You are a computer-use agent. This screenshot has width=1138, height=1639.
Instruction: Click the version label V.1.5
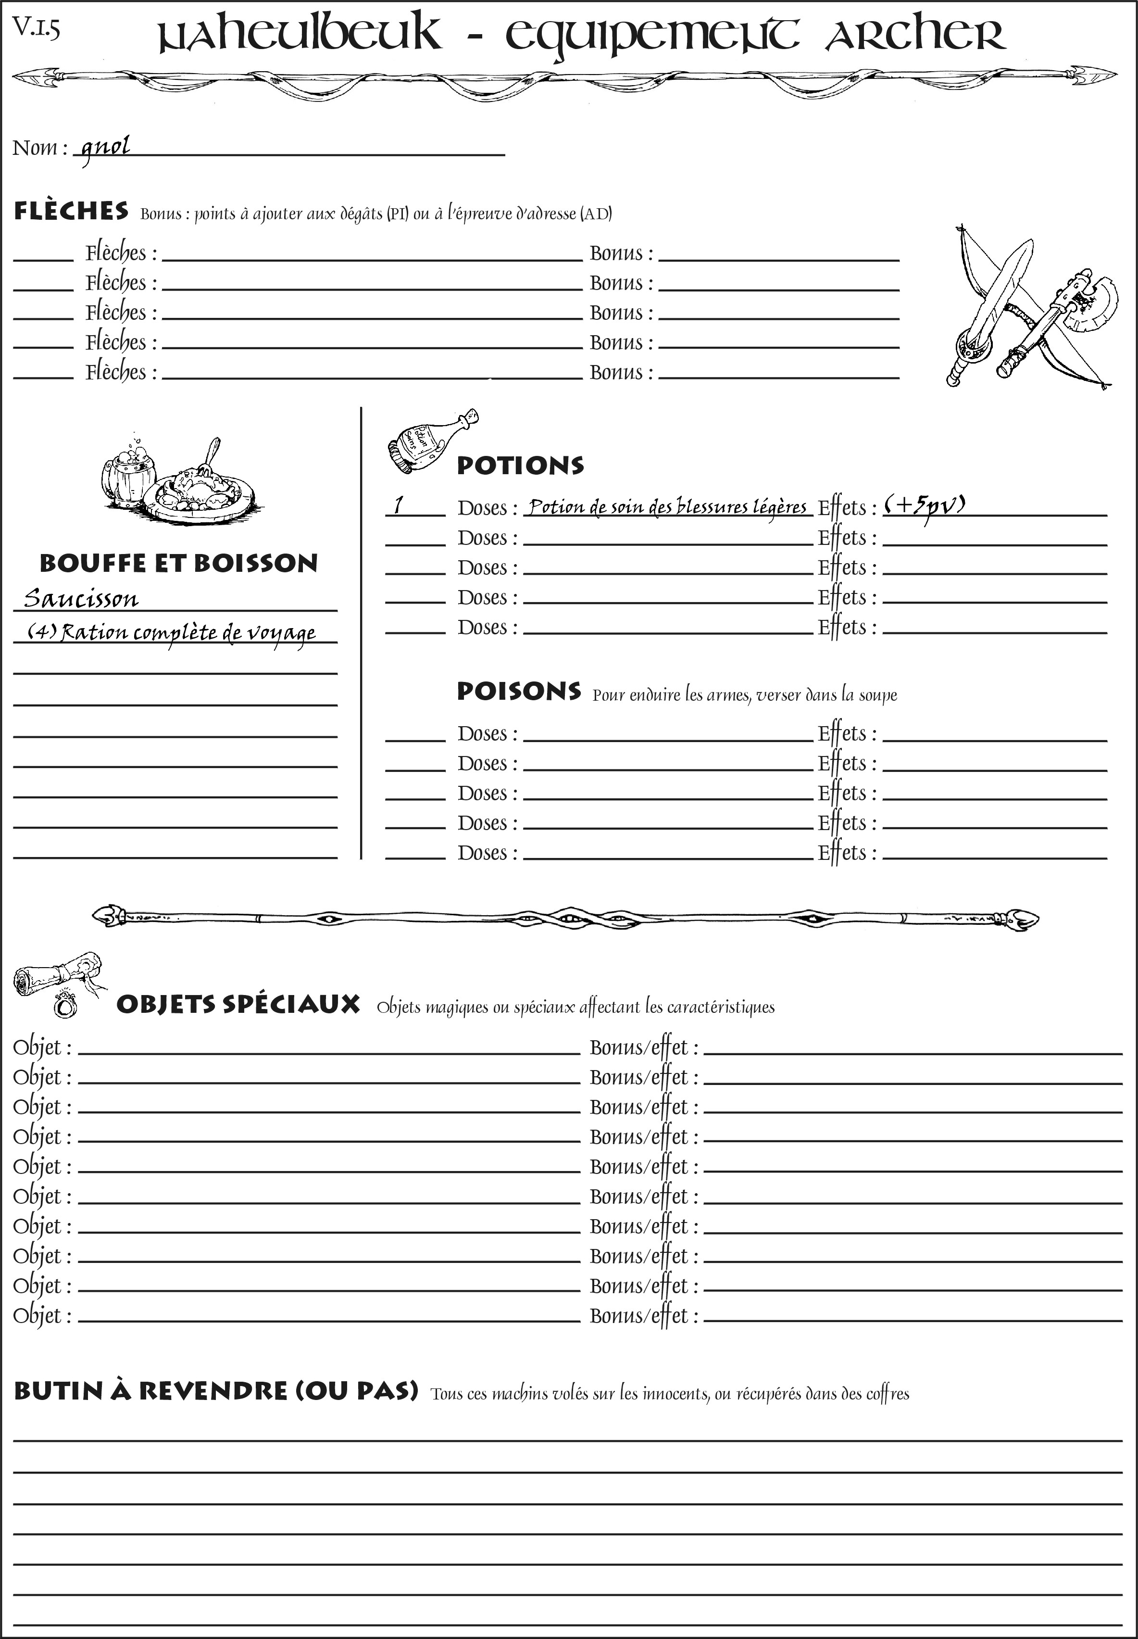tap(36, 28)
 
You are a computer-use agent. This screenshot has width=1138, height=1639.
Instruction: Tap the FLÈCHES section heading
tap(71, 211)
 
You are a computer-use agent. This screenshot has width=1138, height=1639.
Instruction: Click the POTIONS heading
tap(520, 466)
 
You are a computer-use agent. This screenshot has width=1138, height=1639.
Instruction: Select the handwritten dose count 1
tap(399, 505)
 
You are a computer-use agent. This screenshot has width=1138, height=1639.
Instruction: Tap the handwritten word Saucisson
tap(81, 598)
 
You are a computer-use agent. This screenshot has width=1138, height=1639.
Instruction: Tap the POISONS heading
tap(518, 691)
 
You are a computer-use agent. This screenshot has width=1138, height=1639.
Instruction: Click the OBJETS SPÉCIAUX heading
tap(238, 1004)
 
